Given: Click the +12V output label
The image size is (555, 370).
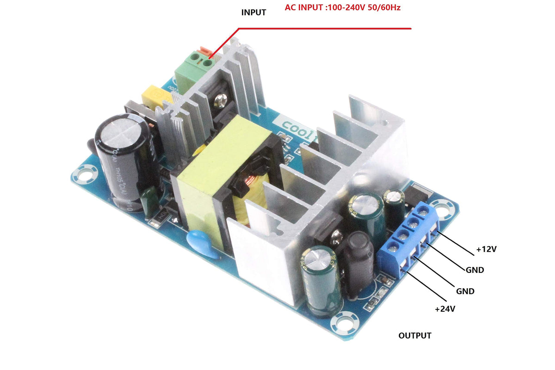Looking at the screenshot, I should coord(486,249).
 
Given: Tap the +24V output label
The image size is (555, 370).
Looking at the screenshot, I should coord(445,308).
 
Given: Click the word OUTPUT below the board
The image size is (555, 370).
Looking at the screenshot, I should coord(415,335).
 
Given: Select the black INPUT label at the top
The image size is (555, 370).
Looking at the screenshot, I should coord(253,12).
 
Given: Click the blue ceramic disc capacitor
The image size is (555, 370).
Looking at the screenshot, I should coord(200,244).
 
